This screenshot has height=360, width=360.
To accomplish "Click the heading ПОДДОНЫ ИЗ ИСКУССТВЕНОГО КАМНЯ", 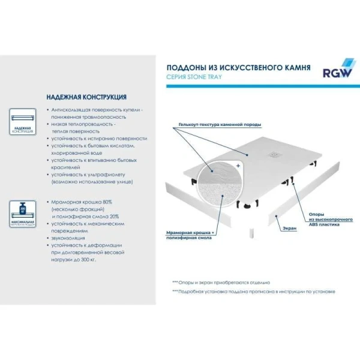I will [x=238, y=68].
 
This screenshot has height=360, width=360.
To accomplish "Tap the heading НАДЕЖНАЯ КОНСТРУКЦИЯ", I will [x=86, y=97].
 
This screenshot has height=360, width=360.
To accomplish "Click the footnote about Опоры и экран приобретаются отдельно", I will [x=222, y=282].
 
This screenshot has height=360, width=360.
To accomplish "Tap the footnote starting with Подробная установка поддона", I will [x=254, y=292].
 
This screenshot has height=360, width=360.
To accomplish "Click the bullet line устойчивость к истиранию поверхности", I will [x=98, y=138].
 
